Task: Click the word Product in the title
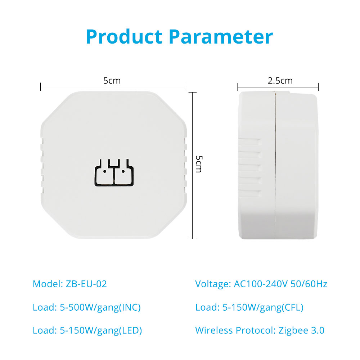click(x=124, y=37)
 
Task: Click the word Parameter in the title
click(x=221, y=37)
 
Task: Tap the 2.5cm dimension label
click(x=280, y=81)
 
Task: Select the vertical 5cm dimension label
click(x=199, y=164)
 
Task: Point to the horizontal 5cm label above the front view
click(x=112, y=81)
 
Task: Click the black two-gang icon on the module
click(x=114, y=172)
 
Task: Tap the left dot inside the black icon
click(x=105, y=171)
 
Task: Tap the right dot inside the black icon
click(x=123, y=171)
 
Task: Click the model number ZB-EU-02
click(x=86, y=284)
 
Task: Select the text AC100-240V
click(x=261, y=284)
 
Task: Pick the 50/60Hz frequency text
click(x=309, y=284)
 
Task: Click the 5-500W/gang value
click(x=89, y=308)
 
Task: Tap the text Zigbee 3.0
click(x=301, y=330)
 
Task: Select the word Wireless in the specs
click(x=214, y=330)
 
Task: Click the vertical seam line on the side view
click(x=275, y=165)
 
